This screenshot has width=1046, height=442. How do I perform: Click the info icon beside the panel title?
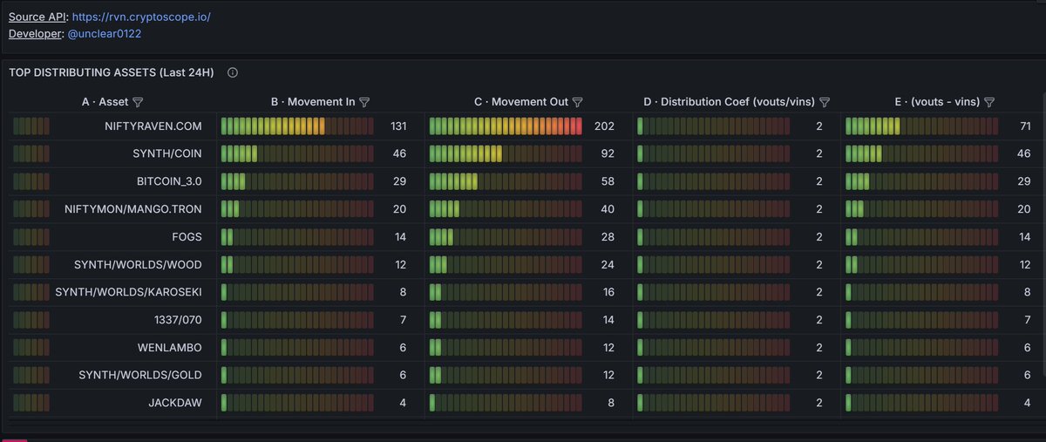[233, 72]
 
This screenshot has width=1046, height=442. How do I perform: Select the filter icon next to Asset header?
[138, 102]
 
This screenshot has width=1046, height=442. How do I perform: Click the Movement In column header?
[312, 102]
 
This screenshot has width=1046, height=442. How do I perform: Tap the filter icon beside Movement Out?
[578, 102]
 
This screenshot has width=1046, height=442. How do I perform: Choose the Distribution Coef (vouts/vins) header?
[729, 102]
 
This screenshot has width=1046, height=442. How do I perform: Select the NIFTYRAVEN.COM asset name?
[153, 126]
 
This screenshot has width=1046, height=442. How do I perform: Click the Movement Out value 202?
[604, 126]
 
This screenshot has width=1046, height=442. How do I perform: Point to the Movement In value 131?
[398, 126]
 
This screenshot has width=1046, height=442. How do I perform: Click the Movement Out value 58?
[608, 181]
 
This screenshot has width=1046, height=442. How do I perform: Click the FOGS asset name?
[187, 237]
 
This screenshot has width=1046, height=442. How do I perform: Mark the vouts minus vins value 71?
[1025, 126]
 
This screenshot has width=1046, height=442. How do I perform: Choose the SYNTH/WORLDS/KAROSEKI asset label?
[128, 292]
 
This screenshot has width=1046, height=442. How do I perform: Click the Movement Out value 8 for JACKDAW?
[611, 403]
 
